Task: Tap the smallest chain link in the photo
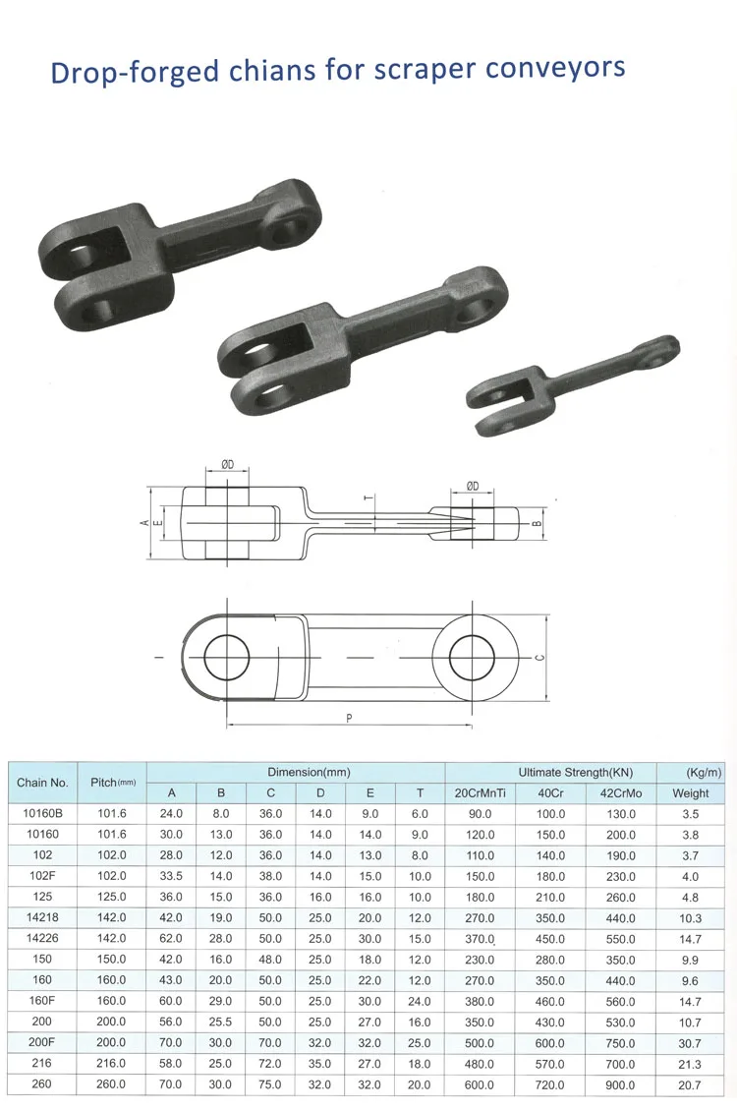coord(571,382)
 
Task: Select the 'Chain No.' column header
coord(42,783)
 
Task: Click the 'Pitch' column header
coord(112,783)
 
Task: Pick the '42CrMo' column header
coord(620,793)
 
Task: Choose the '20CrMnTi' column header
coord(481,793)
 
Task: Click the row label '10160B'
coord(42,814)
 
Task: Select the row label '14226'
coord(42,939)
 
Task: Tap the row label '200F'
coord(42,1043)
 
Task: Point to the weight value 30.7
coord(690,1043)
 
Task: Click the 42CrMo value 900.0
coord(620,1084)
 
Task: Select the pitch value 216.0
coord(110,1064)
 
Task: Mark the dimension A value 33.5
coord(172,876)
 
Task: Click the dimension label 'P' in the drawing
coord(349,719)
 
